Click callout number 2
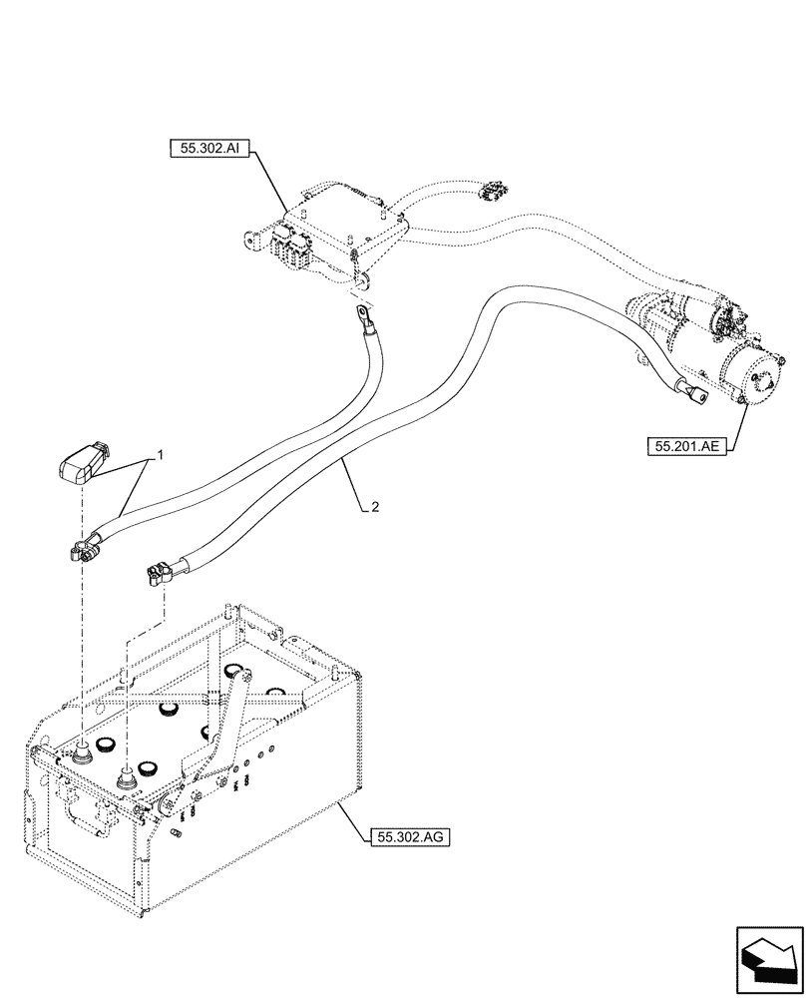(373, 507)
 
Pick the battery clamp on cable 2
(157, 575)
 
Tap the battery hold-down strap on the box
(224, 729)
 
